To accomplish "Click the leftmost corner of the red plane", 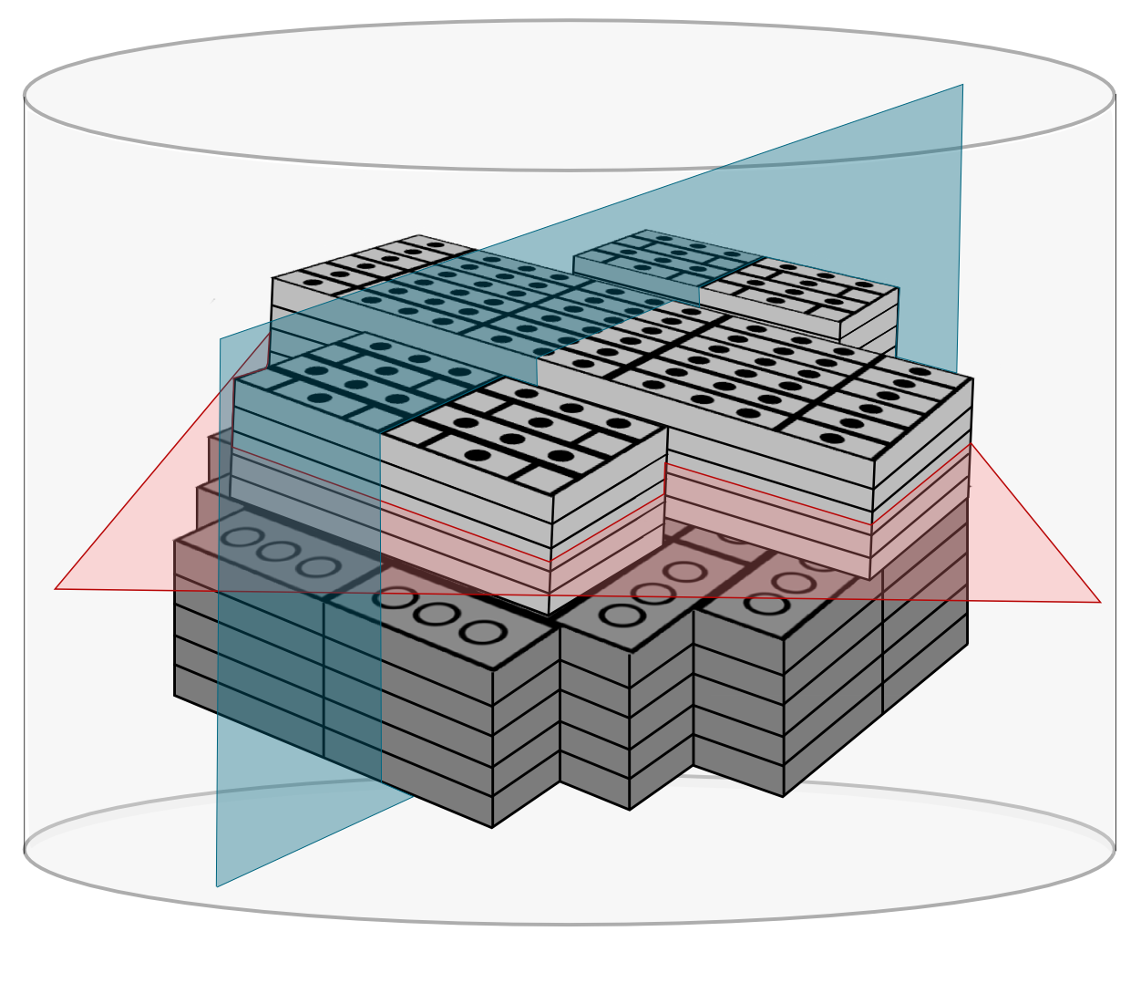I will (x=56, y=588).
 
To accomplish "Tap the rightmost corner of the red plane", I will (x=1101, y=602).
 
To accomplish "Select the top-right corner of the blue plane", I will (x=962, y=85).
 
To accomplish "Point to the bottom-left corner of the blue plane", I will (x=217, y=886).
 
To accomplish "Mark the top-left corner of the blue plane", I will (x=221, y=339).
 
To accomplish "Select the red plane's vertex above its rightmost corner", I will (x=971, y=444).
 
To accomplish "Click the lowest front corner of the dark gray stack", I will (x=492, y=827).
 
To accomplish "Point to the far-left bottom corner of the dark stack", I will (x=175, y=696).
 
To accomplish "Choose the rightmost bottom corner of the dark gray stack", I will (x=967, y=643).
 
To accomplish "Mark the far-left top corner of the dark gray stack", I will (x=175, y=541).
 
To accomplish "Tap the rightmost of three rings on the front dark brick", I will (x=482, y=632).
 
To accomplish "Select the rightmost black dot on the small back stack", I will (x=864, y=285).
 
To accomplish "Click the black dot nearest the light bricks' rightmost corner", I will (x=920, y=372).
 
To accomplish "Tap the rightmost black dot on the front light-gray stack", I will (x=619, y=423).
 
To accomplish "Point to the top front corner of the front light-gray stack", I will (x=553, y=496).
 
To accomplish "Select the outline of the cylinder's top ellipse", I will (x=570, y=170).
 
